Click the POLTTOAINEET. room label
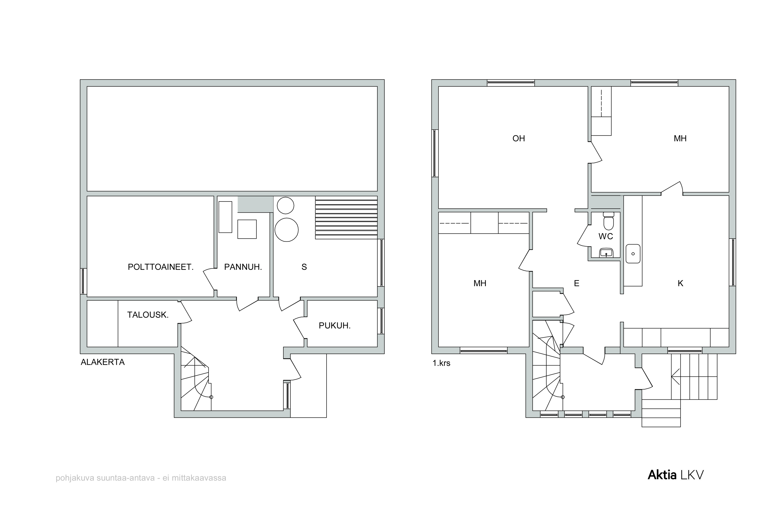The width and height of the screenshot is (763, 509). pyautogui.click(x=161, y=267)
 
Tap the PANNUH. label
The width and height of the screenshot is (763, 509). pyautogui.click(x=243, y=267)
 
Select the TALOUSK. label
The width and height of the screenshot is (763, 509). pyautogui.click(x=148, y=315)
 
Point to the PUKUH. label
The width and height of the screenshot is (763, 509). pyautogui.click(x=335, y=326)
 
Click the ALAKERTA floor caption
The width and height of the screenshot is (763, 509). pyautogui.click(x=102, y=362)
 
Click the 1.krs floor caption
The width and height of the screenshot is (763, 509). pyautogui.click(x=441, y=363)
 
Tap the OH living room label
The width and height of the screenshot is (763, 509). pyautogui.click(x=519, y=139)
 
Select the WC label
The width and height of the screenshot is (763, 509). pyautogui.click(x=606, y=236)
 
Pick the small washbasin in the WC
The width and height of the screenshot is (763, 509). pyautogui.click(x=606, y=253)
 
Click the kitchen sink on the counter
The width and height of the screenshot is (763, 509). pyautogui.click(x=633, y=254)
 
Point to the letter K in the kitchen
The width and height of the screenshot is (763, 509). pyautogui.click(x=681, y=283)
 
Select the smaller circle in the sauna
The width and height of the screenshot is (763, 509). pyautogui.click(x=286, y=206)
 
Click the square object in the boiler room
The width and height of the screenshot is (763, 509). pyautogui.click(x=247, y=229)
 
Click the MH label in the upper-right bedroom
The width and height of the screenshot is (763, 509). pyautogui.click(x=680, y=139)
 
